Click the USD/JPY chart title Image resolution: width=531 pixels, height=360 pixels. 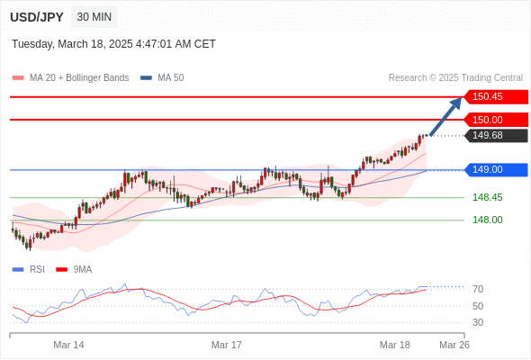point(37,17)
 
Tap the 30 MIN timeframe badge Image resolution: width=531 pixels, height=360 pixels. point(94,17)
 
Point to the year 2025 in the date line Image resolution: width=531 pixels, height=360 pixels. point(121,44)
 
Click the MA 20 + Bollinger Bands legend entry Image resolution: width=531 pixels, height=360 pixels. point(70,78)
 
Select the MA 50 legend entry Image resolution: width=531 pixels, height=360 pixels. point(162,78)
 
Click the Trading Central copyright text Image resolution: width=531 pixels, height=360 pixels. point(455,78)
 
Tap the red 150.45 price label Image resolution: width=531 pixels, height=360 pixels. point(496,97)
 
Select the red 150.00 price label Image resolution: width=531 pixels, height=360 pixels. point(496,120)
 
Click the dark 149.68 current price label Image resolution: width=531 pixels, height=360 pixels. point(496,136)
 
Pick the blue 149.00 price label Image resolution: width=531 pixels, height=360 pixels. point(496,170)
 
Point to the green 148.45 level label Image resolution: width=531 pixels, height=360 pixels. point(488,197)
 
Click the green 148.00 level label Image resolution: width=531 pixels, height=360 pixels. point(488,220)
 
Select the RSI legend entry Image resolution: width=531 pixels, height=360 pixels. point(29,270)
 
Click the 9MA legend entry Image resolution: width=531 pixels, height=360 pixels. point(74,270)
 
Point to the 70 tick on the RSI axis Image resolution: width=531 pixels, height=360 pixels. point(478,289)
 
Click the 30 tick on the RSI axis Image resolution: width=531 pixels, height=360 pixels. point(478,322)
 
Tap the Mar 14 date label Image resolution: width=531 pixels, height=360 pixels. point(68,345)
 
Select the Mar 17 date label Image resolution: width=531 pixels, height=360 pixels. point(227,345)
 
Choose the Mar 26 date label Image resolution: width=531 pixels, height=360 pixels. point(454,345)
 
